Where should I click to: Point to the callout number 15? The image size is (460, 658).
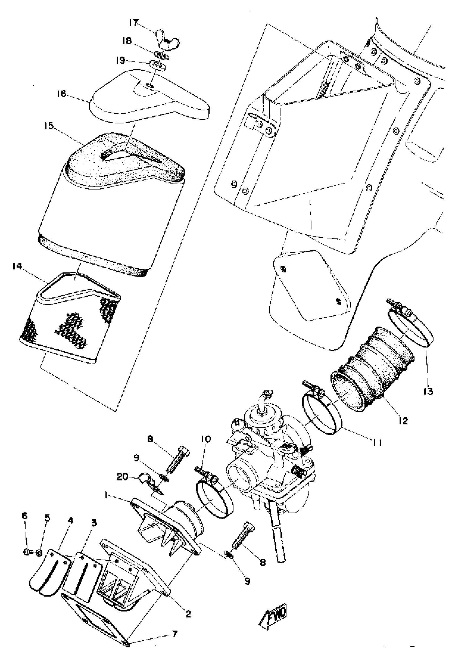pyautogui.click(x=49, y=126)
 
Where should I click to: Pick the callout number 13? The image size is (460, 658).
pyautogui.click(x=429, y=391)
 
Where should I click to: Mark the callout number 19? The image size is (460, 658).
pyautogui.click(x=121, y=60)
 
